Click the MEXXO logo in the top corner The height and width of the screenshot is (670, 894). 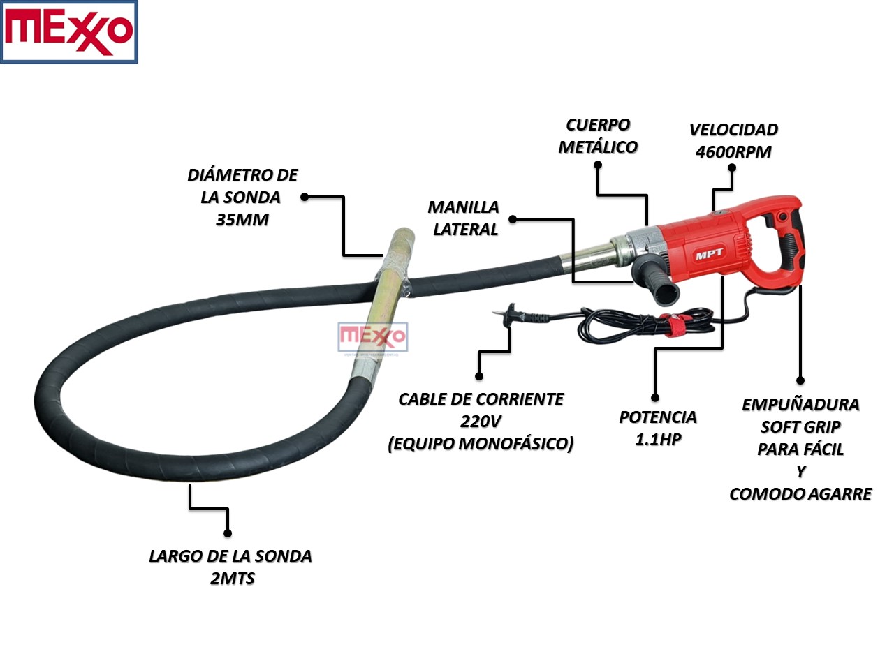pos(68,32)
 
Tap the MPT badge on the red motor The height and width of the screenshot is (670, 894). pos(710,255)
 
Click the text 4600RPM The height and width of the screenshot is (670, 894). pos(733,152)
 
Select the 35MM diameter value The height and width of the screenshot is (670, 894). pos(242,220)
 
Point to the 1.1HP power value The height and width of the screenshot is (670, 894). pos(658,440)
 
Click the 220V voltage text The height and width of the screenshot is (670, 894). pos(481,422)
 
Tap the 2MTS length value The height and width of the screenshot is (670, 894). pos(232,579)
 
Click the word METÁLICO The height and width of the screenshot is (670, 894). pos(598,147)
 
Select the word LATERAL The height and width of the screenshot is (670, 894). pos(465,230)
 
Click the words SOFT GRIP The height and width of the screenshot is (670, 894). pos(800,427)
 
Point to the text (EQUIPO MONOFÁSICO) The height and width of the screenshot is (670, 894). pos(481,444)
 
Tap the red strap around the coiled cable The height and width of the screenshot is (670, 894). pos(676,327)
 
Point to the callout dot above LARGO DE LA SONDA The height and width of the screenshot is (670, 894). pos(228,533)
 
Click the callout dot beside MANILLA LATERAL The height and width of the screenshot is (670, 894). pos(513,218)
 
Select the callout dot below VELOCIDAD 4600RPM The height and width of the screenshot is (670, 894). pos(732,167)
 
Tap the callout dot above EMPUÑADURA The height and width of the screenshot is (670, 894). pos(800,380)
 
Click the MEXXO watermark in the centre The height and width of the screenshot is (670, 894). pos(372,337)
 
